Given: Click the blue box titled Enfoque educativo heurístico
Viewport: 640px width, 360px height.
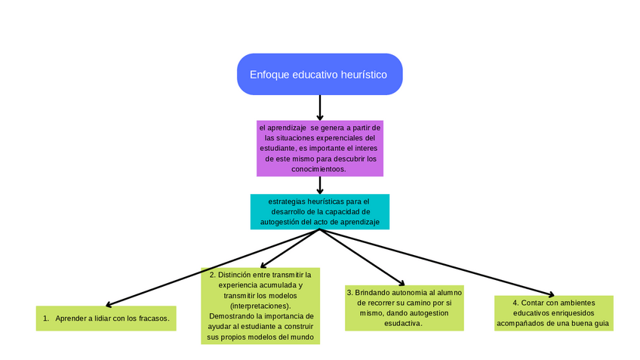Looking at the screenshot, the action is [x=319, y=74].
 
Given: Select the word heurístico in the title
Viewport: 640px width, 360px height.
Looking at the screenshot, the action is [x=364, y=75].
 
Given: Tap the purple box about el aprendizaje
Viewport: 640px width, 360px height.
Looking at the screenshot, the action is [x=319, y=148].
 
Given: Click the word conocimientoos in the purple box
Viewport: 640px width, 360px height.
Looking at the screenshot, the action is [x=319, y=169].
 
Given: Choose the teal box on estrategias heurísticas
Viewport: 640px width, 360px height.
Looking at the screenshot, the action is [x=319, y=212].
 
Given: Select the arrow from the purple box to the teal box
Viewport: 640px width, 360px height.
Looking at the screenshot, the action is [x=320, y=185].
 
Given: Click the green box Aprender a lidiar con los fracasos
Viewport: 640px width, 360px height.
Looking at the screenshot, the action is [x=106, y=318].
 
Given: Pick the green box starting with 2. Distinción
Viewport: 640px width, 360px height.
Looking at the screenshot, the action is [x=260, y=306].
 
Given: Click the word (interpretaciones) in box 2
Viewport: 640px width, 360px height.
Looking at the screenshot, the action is [x=260, y=306].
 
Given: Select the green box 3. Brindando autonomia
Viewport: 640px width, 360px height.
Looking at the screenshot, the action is [x=404, y=307].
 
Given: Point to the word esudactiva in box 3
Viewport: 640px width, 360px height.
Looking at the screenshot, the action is [x=403, y=323].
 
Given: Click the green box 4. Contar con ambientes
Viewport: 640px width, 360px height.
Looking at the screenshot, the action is [x=553, y=312].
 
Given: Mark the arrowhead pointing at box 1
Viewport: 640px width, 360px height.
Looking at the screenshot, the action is [x=109, y=304].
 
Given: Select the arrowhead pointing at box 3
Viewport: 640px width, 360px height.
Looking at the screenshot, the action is [x=401, y=283].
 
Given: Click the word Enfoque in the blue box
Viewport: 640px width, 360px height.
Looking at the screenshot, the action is [x=269, y=75].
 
